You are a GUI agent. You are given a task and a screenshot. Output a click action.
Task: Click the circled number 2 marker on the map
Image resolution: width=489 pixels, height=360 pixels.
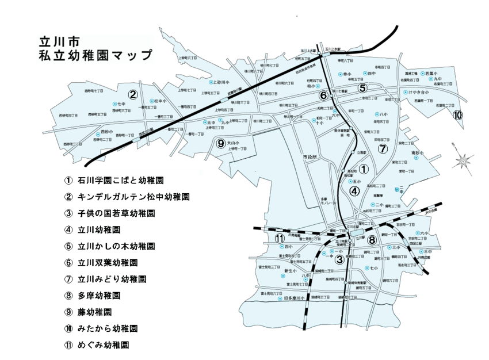click(x=133, y=95)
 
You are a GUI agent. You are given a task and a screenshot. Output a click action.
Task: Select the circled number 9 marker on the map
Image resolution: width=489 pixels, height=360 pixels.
click(x=220, y=144)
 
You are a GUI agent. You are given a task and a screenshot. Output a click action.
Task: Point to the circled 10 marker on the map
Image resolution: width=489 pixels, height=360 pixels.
click(x=458, y=115)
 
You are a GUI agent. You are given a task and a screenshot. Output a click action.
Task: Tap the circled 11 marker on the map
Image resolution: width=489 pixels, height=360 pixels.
click(x=280, y=239)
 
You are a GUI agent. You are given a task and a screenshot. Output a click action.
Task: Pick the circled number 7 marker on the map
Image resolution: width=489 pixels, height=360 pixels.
click(x=382, y=148)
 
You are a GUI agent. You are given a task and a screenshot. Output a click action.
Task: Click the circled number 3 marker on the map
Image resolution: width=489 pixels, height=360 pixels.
click(x=339, y=259)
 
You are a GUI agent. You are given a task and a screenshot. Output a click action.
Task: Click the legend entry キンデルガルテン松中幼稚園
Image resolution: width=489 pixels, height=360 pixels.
click(x=135, y=197)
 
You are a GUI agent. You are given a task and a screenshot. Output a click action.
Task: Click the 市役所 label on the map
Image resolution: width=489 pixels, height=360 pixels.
click(x=310, y=157)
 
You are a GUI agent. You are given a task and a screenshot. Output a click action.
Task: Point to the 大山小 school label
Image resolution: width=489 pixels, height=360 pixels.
click(x=232, y=143)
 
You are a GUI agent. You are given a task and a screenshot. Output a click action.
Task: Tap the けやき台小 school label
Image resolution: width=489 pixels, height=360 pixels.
click(x=418, y=92)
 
